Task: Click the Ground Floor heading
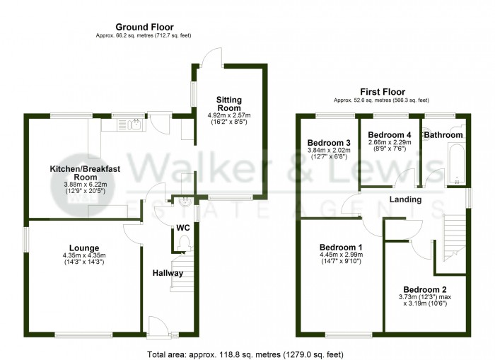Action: click(x=144, y=27)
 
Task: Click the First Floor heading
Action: click(x=383, y=92)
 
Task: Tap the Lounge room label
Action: click(x=84, y=248)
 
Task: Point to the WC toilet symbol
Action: click(x=183, y=245)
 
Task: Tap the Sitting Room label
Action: click(x=229, y=104)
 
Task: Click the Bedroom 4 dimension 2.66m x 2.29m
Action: click(x=390, y=142)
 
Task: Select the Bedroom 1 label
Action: click(x=341, y=248)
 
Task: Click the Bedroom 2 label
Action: click(x=424, y=289)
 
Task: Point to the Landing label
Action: click(x=405, y=199)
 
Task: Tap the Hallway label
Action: click(x=168, y=273)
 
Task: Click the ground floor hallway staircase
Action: click(x=182, y=272)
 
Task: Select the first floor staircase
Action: click(x=455, y=238)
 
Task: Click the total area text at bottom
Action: click(x=245, y=354)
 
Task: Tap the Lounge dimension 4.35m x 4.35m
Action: click(x=84, y=255)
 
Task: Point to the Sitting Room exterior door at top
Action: click(x=212, y=57)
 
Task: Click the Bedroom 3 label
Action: click(x=329, y=143)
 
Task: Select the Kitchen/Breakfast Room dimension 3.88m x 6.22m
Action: click(x=86, y=185)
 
